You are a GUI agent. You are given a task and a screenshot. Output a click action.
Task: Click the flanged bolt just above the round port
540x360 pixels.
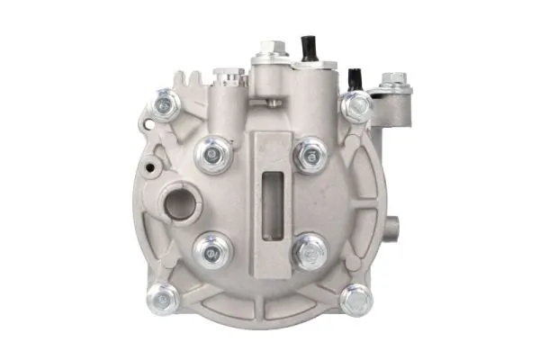[212, 156]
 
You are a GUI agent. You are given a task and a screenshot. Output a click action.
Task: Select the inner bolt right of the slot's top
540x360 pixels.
[310, 154]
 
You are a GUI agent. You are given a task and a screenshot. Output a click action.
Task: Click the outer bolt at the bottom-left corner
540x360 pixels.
[163, 296]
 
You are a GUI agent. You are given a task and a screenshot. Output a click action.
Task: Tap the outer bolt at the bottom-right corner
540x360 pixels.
[356, 298]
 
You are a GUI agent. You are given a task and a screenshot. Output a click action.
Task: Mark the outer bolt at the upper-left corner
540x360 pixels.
[166, 105]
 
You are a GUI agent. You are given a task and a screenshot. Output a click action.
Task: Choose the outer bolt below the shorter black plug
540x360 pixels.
[354, 107]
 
